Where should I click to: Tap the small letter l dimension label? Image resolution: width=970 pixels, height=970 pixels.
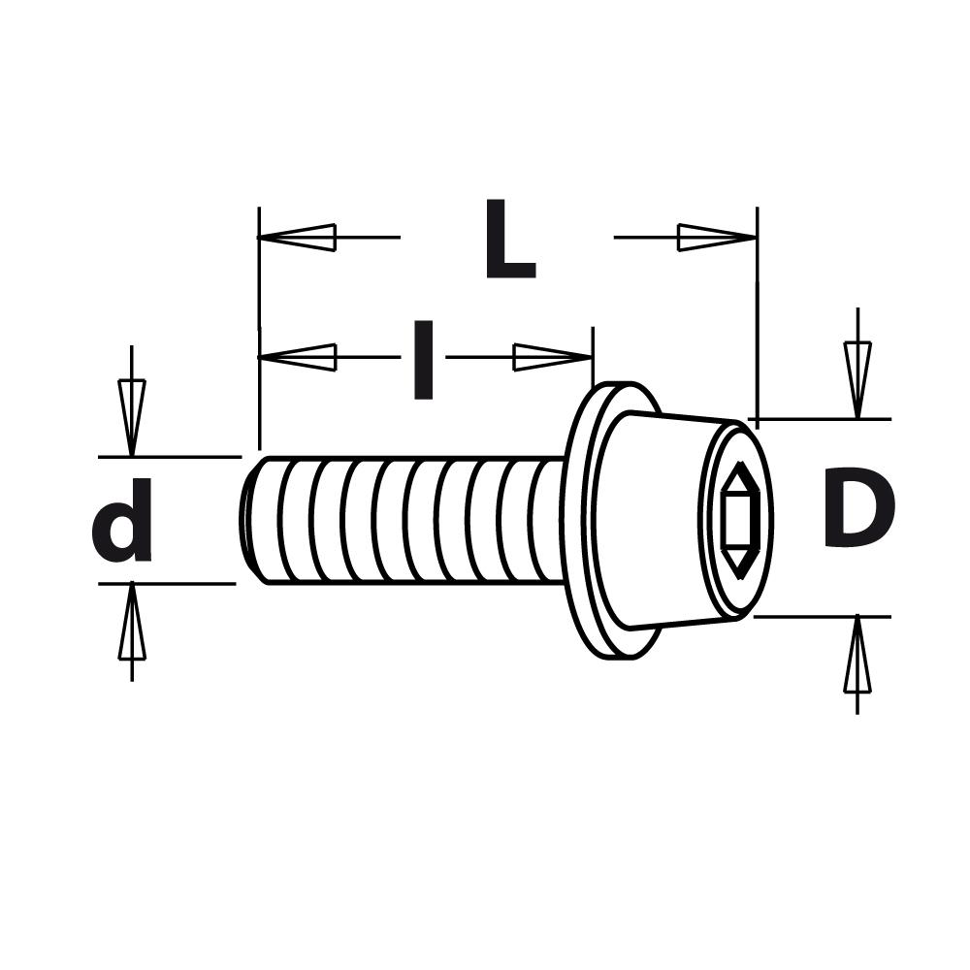423,361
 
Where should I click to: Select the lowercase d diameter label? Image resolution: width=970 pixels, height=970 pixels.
123,520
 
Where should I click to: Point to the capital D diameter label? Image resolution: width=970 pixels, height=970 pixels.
857,509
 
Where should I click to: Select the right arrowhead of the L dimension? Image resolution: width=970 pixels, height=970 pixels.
717,237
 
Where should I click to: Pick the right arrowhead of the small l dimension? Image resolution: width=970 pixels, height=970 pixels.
552,357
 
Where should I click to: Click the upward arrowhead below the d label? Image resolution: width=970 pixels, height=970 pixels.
132,625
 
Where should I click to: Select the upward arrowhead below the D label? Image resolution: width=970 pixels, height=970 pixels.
857,658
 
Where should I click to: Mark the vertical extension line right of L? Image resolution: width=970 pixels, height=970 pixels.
757,310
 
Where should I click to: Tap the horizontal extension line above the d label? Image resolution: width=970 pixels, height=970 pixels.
170,456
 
